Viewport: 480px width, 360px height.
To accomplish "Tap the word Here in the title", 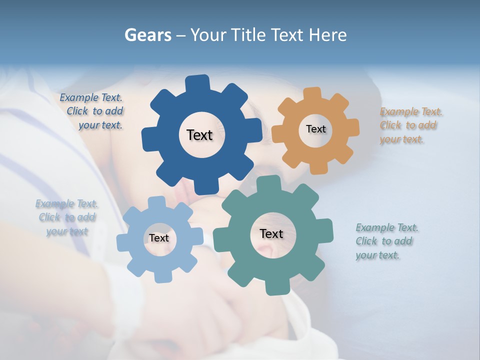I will point(328,35).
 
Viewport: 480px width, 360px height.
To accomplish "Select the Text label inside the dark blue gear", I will point(199,135).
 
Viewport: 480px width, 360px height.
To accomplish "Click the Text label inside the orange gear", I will point(315,129).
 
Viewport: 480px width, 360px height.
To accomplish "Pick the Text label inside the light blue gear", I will point(158,238).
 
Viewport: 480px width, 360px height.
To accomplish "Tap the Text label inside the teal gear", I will point(271,233).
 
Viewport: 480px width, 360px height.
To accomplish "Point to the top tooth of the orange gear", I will point(312,93).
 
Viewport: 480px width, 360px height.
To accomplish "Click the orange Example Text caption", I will point(411,125).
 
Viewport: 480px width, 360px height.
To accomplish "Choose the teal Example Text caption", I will point(387,241).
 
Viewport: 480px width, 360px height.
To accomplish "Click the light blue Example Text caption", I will point(66,217).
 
